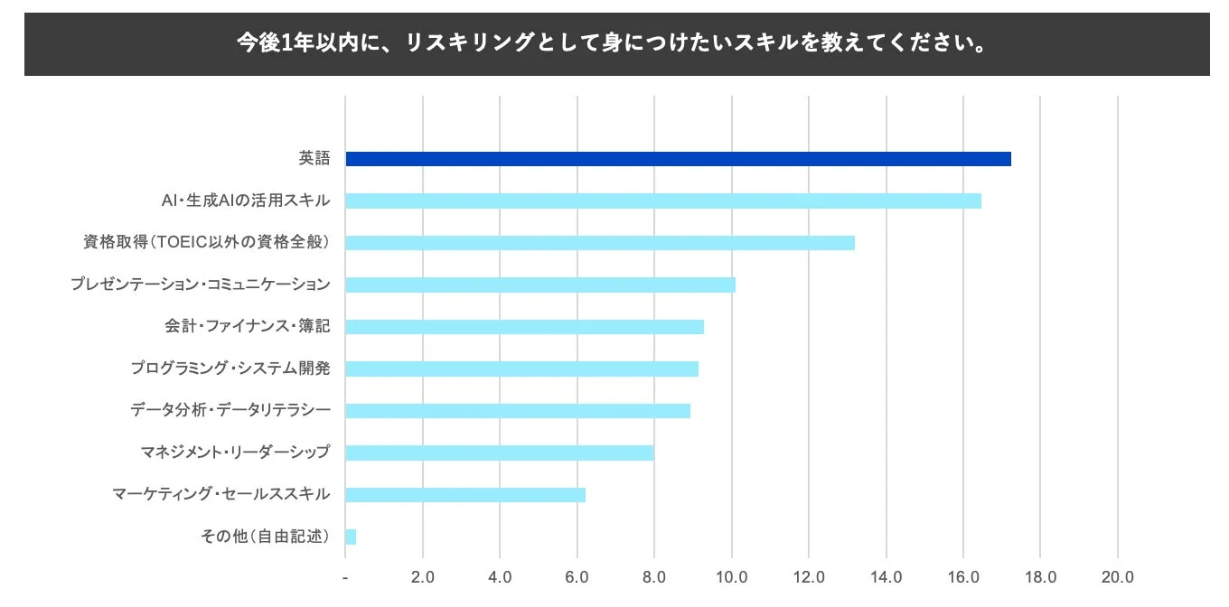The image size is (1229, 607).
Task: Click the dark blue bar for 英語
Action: [678, 159]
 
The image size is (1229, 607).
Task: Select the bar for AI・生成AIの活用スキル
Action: [663, 201]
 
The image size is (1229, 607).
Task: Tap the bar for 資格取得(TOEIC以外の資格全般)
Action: [600, 243]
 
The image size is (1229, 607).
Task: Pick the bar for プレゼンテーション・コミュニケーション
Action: [540, 285]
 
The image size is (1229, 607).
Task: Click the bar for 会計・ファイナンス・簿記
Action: [524, 327]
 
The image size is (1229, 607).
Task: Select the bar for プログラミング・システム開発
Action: [521, 369]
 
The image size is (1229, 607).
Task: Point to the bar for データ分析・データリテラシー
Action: [518, 411]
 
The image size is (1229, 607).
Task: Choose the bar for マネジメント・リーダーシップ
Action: [500, 453]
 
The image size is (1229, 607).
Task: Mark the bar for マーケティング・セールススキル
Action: [465, 494]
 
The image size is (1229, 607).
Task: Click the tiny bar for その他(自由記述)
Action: [351, 537]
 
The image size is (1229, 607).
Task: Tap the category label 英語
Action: [314, 158]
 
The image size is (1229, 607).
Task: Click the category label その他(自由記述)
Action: [265, 537]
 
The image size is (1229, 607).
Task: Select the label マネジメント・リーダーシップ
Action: [235, 453]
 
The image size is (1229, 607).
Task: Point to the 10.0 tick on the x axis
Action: [731, 577]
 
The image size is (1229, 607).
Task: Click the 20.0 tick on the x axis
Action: [1118, 577]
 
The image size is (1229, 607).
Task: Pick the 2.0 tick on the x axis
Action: [423, 577]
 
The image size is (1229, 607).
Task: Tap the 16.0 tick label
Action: [963, 577]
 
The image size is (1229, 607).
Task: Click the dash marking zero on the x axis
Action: [346, 577]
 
